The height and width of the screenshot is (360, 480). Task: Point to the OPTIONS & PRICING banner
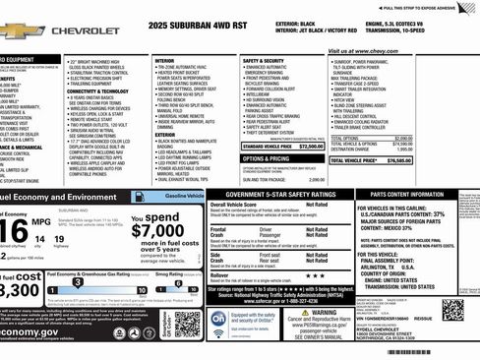[266, 158]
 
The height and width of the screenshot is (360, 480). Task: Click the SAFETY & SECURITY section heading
[263, 60]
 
